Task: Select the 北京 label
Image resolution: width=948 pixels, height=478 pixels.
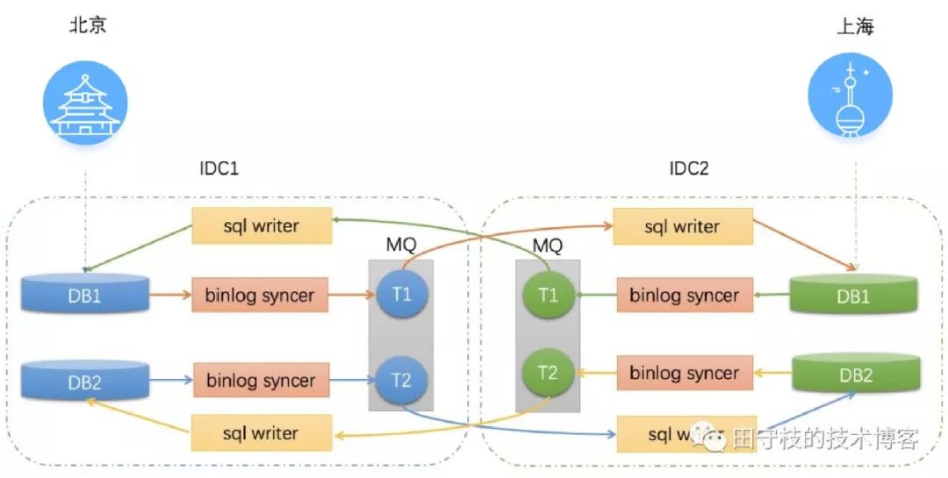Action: click(x=88, y=25)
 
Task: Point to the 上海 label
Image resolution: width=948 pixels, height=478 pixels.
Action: click(x=854, y=27)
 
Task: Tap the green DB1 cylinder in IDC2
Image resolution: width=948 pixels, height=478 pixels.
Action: click(x=853, y=295)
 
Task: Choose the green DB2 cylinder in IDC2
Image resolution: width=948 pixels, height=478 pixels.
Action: click(x=856, y=374)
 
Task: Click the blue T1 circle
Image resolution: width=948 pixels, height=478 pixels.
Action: click(x=402, y=294)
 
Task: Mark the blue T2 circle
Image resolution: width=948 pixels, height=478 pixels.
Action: click(x=402, y=381)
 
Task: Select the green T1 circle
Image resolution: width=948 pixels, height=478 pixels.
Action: click(x=548, y=295)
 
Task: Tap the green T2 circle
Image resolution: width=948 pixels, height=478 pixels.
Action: click(x=548, y=373)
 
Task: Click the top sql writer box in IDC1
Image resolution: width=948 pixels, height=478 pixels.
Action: click(x=262, y=226)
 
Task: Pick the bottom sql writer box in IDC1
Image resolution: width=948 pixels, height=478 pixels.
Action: click(x=262, y=433)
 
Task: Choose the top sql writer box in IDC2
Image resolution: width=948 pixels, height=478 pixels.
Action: click(x=682, y=227)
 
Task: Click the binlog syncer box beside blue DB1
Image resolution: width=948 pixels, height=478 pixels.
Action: click(x=260, y=295)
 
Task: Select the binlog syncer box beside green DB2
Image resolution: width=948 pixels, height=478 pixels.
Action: click(x=684, y=374)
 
